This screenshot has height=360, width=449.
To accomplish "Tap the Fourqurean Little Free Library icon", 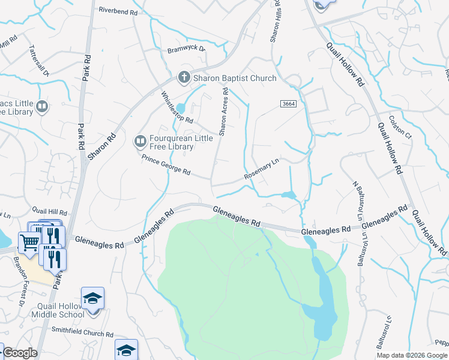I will [140, 142].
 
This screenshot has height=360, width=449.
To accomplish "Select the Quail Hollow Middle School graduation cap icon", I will [93, 298].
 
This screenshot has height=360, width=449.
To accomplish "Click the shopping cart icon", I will [29, 242].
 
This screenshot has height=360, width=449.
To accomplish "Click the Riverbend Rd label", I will [118, 11].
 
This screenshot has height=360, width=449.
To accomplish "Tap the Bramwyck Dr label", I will [186, 50].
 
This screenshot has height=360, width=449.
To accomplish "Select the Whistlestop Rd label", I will [177, 107].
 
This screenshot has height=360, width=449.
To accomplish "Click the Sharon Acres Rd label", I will [224, 112].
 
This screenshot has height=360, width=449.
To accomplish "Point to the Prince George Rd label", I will [166, 166].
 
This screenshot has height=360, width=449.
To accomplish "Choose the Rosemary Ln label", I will [262, 169].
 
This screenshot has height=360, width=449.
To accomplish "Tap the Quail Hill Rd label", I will [50, 212].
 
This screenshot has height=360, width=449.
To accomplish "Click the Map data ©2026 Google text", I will [412, 355].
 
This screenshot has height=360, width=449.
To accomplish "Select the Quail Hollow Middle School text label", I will [58, 310].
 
